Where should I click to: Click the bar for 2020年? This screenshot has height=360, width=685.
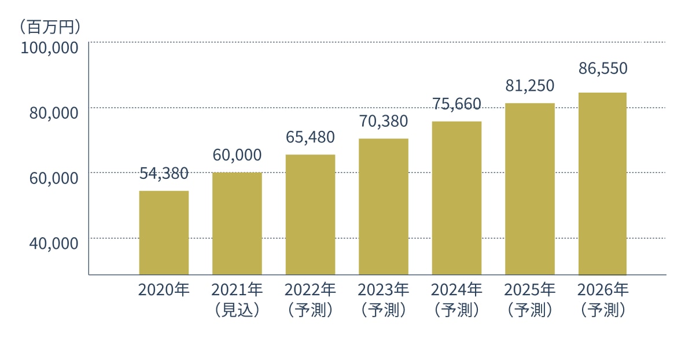164,232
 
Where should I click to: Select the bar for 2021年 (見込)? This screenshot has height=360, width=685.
237,223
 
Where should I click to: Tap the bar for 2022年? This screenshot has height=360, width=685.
310,214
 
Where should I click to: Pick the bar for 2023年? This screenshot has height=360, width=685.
383,206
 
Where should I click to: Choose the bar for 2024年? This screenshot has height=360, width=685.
456,197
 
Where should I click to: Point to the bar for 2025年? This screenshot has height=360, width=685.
529,189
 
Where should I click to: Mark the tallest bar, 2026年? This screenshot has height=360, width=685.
602,183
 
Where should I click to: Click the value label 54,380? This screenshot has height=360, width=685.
164,173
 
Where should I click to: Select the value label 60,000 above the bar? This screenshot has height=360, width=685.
237,155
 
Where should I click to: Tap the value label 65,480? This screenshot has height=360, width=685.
310,138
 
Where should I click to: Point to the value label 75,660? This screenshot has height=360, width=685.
456,104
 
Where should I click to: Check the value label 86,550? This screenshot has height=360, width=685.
602,69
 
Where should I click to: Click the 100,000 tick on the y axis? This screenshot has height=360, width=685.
49,47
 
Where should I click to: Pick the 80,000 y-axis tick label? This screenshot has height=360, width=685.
53,113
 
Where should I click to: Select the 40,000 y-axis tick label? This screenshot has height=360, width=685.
53,243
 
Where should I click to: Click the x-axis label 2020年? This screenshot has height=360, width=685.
164,289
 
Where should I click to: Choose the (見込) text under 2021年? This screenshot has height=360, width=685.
237,310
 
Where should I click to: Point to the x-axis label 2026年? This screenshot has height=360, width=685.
602,289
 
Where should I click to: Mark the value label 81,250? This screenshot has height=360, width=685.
529,86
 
